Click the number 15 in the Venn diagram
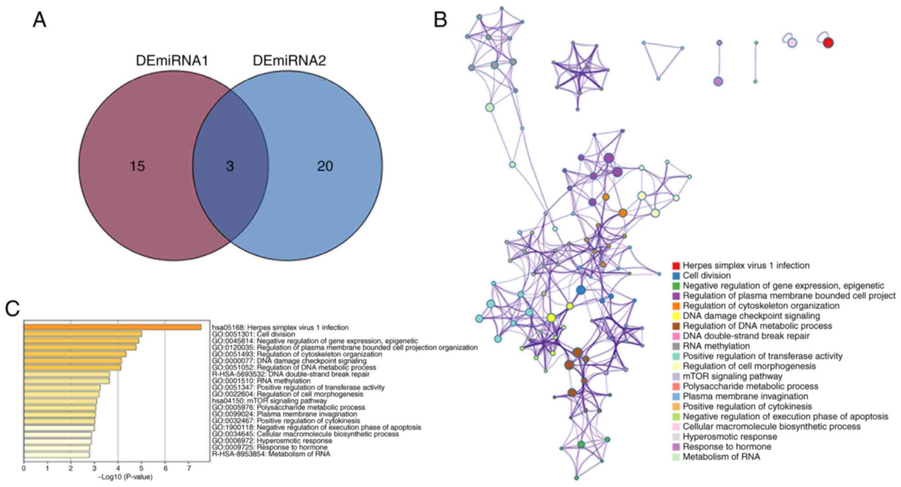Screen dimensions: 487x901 pos(137,166)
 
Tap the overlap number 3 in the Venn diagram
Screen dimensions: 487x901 pos(230,166)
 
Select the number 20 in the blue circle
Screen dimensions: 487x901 pos(325,166)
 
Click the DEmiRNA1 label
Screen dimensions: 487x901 pos(172,61)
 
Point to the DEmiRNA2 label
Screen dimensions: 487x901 pos(289,61)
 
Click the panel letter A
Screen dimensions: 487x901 pos(39,20)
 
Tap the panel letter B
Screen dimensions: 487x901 pos(440,20)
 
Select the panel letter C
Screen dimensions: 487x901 pos(12,309)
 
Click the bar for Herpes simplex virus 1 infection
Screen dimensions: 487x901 pos(112,327)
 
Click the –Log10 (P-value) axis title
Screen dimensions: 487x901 pos(125,477)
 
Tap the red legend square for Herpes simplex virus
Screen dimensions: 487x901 pos(676,266)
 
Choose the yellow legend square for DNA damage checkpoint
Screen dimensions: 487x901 pos(676,316)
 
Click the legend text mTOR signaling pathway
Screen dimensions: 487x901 pos(732,377)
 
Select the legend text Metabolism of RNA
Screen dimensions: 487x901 pos(721,457)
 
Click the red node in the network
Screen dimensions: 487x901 pos(828,43)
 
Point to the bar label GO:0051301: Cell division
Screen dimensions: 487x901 pos(253,334)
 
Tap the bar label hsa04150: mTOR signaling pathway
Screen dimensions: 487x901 pos(269,401)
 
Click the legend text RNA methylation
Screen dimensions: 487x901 pos(716,346)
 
